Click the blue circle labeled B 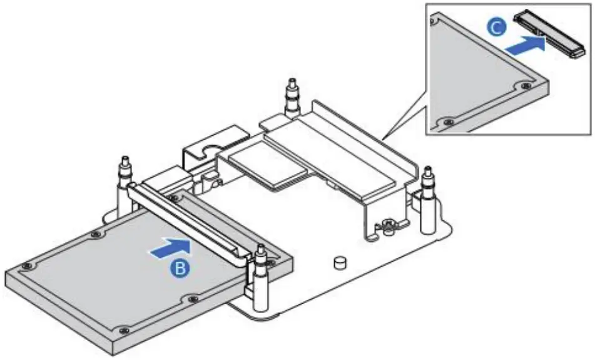(x=180, y=268)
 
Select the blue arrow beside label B (x=168, y=248)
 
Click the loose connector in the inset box (x=546, y=34)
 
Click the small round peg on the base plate (x=340, y=261)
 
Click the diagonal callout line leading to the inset (x=404, y=112)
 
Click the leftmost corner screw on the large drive (x=24, y=267)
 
